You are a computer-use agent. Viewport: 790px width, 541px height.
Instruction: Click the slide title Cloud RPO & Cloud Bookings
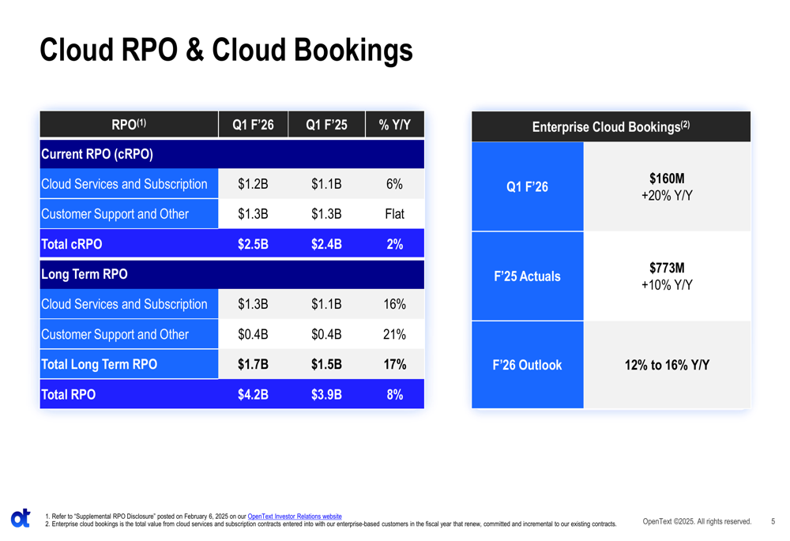point(226,51)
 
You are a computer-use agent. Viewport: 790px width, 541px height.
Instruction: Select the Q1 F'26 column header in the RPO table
point(253,125)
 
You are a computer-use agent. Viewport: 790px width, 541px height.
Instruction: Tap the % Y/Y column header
point(394,125)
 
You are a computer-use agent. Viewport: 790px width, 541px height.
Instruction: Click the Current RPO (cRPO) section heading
point(96,154)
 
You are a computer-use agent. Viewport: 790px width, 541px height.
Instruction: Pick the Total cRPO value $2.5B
point(253,244)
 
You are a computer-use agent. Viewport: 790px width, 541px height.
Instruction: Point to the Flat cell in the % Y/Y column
point(394,214)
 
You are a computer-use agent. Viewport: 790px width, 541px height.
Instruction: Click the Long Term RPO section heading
point(84,274)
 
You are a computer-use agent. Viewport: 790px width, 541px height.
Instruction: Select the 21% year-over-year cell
point(394,334)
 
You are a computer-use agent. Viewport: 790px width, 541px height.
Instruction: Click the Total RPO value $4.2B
point(253,394)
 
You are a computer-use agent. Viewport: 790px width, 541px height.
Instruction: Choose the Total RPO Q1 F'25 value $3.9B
point(326,394)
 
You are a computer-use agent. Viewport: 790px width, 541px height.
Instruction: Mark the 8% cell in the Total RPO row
point(394,394)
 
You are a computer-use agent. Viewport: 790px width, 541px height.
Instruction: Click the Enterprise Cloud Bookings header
point(611,126)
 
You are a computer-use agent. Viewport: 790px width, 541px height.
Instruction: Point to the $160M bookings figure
point(667,179)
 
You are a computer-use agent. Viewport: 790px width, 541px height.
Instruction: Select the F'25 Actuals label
point(527,276)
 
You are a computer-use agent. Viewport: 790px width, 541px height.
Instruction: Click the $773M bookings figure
point(667,269)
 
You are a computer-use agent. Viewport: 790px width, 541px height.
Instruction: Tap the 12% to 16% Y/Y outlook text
point(667,365)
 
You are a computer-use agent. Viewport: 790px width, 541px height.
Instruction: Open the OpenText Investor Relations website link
point(295,517)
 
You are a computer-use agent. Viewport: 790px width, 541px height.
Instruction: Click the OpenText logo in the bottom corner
point(21,518)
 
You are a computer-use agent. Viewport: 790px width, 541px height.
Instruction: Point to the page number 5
point(773,521)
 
